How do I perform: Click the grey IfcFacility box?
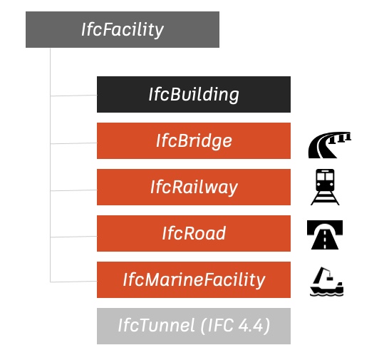coord(123,29)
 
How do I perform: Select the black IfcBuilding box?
coord(194,94)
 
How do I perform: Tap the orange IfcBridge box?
coord(194,140)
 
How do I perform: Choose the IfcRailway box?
coord(194,187)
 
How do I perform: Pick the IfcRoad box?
coord(194,233)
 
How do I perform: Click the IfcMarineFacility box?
coord(194,280)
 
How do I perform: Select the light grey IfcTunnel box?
coord(194,326)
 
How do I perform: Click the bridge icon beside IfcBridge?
coord(329,145)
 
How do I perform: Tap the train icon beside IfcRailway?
coord(325,187)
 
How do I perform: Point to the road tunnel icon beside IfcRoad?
coord(325,235)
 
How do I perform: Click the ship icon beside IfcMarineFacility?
coord(326,282)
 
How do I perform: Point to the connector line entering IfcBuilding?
coord(73,96)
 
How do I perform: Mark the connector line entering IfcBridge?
coord(73,143)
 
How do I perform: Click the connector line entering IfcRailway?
coord(73,190)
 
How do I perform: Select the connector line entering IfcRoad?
coord(73,237)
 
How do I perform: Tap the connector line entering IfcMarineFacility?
coord(73,282)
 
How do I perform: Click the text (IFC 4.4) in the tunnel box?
coord(235,326)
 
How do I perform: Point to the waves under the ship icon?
coord(327,294)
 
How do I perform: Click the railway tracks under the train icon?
coord(325,198)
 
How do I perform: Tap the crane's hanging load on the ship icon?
coord(329,278)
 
